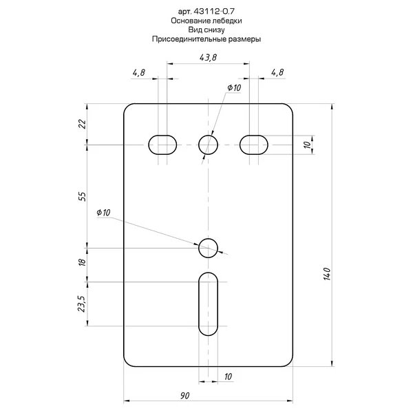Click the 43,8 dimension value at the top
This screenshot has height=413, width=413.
208,57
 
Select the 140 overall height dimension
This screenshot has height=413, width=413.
327,274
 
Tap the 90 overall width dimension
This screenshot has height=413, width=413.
185,395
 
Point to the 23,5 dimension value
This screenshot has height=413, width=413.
82,304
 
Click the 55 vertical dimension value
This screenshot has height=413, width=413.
83,196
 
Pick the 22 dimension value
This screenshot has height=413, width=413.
83,124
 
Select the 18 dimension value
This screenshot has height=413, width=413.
82,262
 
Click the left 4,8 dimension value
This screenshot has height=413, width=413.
139,72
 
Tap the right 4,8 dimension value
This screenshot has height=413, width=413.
277,72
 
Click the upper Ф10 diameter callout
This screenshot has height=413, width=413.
234,87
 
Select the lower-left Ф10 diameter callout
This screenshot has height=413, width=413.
103,212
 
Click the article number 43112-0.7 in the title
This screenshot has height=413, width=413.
214,11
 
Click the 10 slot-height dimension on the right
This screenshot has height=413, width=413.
307,145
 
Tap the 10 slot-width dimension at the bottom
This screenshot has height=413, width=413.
228,377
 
